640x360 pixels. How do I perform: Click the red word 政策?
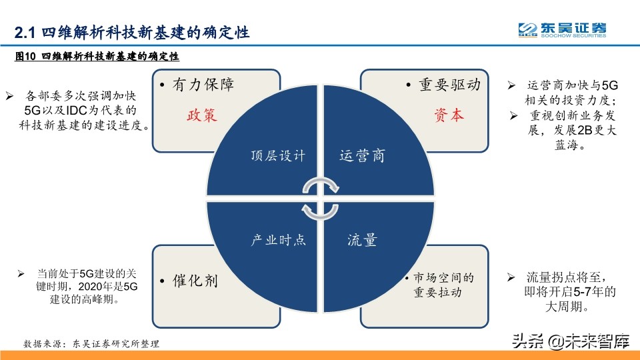click(202, 115)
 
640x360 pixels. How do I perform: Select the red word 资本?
click(448, 115)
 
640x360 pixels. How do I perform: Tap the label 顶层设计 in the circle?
click(278, 156)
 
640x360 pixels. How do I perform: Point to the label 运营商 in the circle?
click(362, 156)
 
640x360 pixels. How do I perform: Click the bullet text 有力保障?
click(203, 85)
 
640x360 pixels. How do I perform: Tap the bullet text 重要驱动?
click(449, 85)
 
